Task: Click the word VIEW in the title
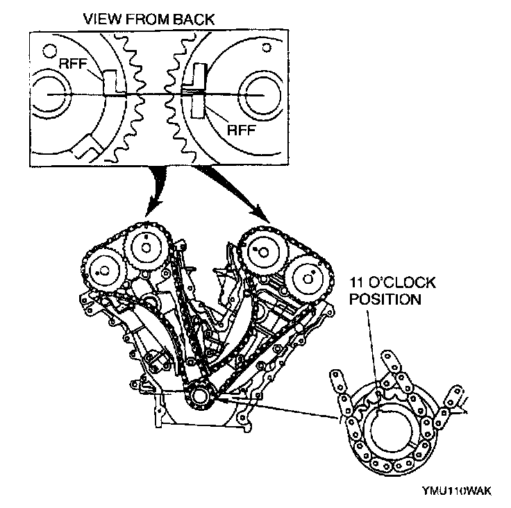[99, 19]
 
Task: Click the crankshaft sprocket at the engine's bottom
[200, 398]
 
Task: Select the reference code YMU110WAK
[456, 491]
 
